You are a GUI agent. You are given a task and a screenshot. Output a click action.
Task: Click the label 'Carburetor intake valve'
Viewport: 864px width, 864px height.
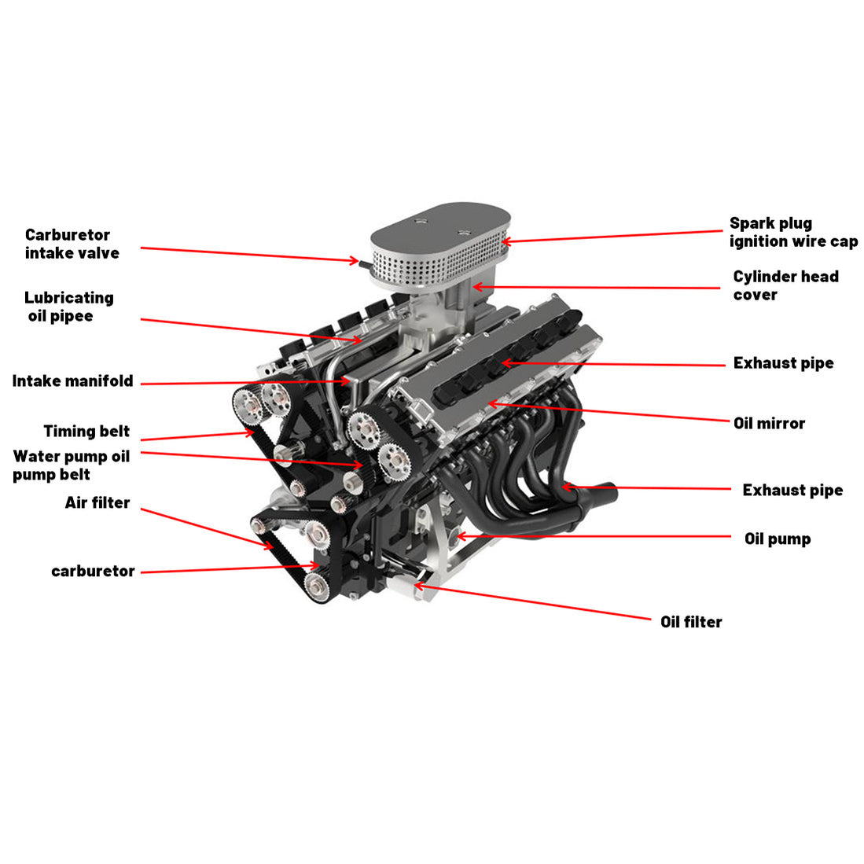[72, 244]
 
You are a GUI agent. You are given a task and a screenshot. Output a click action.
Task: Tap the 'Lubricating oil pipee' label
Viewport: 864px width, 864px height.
[68, 307]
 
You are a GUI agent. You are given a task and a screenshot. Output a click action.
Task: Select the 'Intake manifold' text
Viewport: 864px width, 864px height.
[72, 381]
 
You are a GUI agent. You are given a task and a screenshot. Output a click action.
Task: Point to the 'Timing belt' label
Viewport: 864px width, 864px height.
[86, 431]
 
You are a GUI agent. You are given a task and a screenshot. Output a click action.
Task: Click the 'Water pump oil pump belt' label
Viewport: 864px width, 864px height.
[71, 465]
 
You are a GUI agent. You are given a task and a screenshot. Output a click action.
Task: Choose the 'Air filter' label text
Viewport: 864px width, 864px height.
[97, 502]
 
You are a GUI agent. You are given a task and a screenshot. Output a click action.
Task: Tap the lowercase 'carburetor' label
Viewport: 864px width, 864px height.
[93, 572]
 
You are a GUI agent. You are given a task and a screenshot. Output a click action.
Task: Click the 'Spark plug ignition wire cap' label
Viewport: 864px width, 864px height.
[792, 233]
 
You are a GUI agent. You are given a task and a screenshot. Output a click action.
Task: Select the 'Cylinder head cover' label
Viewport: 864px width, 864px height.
[785, 285]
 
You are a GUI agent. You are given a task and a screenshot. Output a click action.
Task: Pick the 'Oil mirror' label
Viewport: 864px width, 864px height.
[769, 423]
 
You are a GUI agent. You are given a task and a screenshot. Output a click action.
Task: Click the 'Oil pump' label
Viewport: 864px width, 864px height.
[777, 539]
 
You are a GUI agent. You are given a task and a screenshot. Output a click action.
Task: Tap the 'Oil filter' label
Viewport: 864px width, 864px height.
[690, 622]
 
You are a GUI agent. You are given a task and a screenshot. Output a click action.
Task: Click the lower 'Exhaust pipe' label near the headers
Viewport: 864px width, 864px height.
[792, 491]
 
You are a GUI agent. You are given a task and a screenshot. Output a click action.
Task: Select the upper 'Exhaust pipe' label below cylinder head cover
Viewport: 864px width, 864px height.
[782, 363]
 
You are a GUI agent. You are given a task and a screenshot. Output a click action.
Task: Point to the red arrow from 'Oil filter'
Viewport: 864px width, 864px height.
[535, 603]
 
